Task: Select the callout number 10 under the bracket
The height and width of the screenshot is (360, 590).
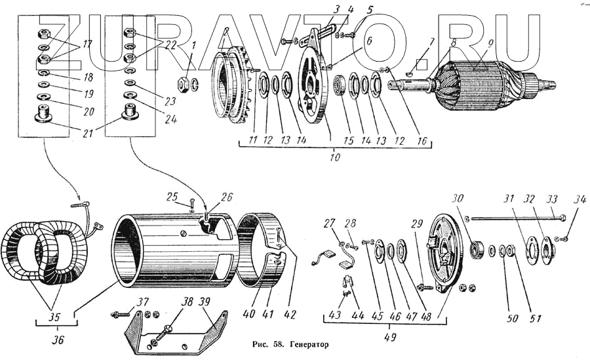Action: coord(336,159)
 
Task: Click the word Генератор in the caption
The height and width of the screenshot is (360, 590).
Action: coord(306,344)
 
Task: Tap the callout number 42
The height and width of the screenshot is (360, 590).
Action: coord(289,314)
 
